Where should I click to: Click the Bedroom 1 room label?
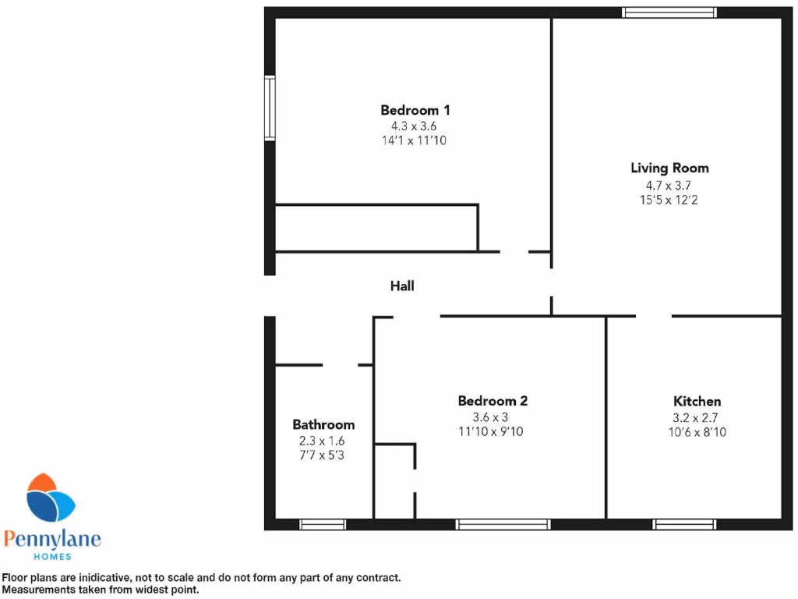point(415,110)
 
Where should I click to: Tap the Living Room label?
point(669,168)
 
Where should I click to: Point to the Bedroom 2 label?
point(493,401)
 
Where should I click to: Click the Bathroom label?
point(323,424)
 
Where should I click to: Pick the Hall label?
point(402,286)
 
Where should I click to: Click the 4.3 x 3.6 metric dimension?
point(415,126)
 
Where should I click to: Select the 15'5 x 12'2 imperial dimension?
point(669,200)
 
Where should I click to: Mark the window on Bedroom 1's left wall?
point(270,107)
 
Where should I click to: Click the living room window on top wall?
point(669,12)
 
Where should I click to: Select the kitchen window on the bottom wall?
point(684,524)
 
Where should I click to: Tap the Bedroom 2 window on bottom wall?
point(503,524)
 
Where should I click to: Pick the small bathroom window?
point(323,524)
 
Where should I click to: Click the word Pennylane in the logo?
point(52,539)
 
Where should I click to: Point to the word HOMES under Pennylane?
point(52,556)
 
